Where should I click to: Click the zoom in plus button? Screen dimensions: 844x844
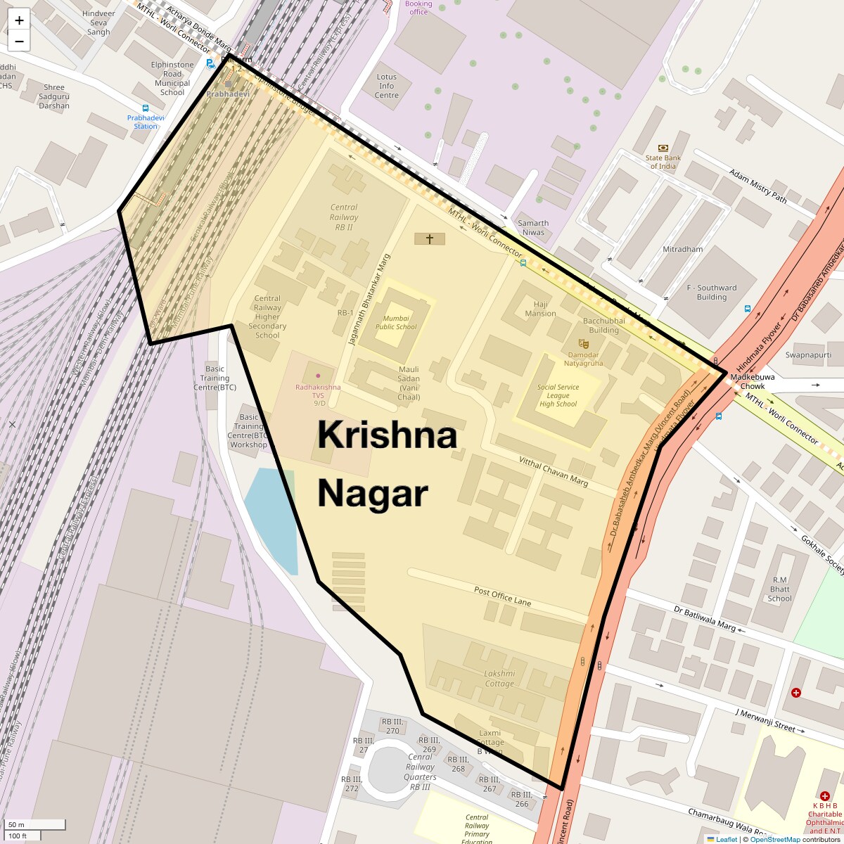pos(19,20)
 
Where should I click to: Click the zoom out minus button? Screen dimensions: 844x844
pos(19,41)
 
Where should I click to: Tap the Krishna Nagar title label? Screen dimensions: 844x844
pos(386,464)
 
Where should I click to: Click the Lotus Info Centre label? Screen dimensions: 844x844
pos(387,86)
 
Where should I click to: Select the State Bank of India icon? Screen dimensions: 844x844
pos(663,148)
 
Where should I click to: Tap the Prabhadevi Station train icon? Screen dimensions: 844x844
pos(146,109)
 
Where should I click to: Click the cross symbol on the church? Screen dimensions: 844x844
pos(429,239)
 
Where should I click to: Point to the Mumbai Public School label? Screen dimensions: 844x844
pos(395,322)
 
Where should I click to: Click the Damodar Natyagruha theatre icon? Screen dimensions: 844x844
pos(584,344)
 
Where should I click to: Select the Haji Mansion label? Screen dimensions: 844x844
pos(540,309)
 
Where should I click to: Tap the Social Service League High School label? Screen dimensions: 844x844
pos(558,395)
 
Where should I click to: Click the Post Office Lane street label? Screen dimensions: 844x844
pos(502,596)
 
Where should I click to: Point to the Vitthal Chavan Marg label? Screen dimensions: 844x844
pos(553,471)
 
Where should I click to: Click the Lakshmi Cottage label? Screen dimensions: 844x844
pos(499,678)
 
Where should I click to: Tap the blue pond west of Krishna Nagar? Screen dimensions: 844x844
pos(271,513)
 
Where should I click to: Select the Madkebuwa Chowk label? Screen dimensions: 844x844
pos(748,381)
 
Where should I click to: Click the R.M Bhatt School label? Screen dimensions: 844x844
pos(779,589)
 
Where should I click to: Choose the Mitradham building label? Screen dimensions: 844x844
pos(682,249)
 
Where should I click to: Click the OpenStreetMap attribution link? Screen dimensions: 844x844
pos(774,839)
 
